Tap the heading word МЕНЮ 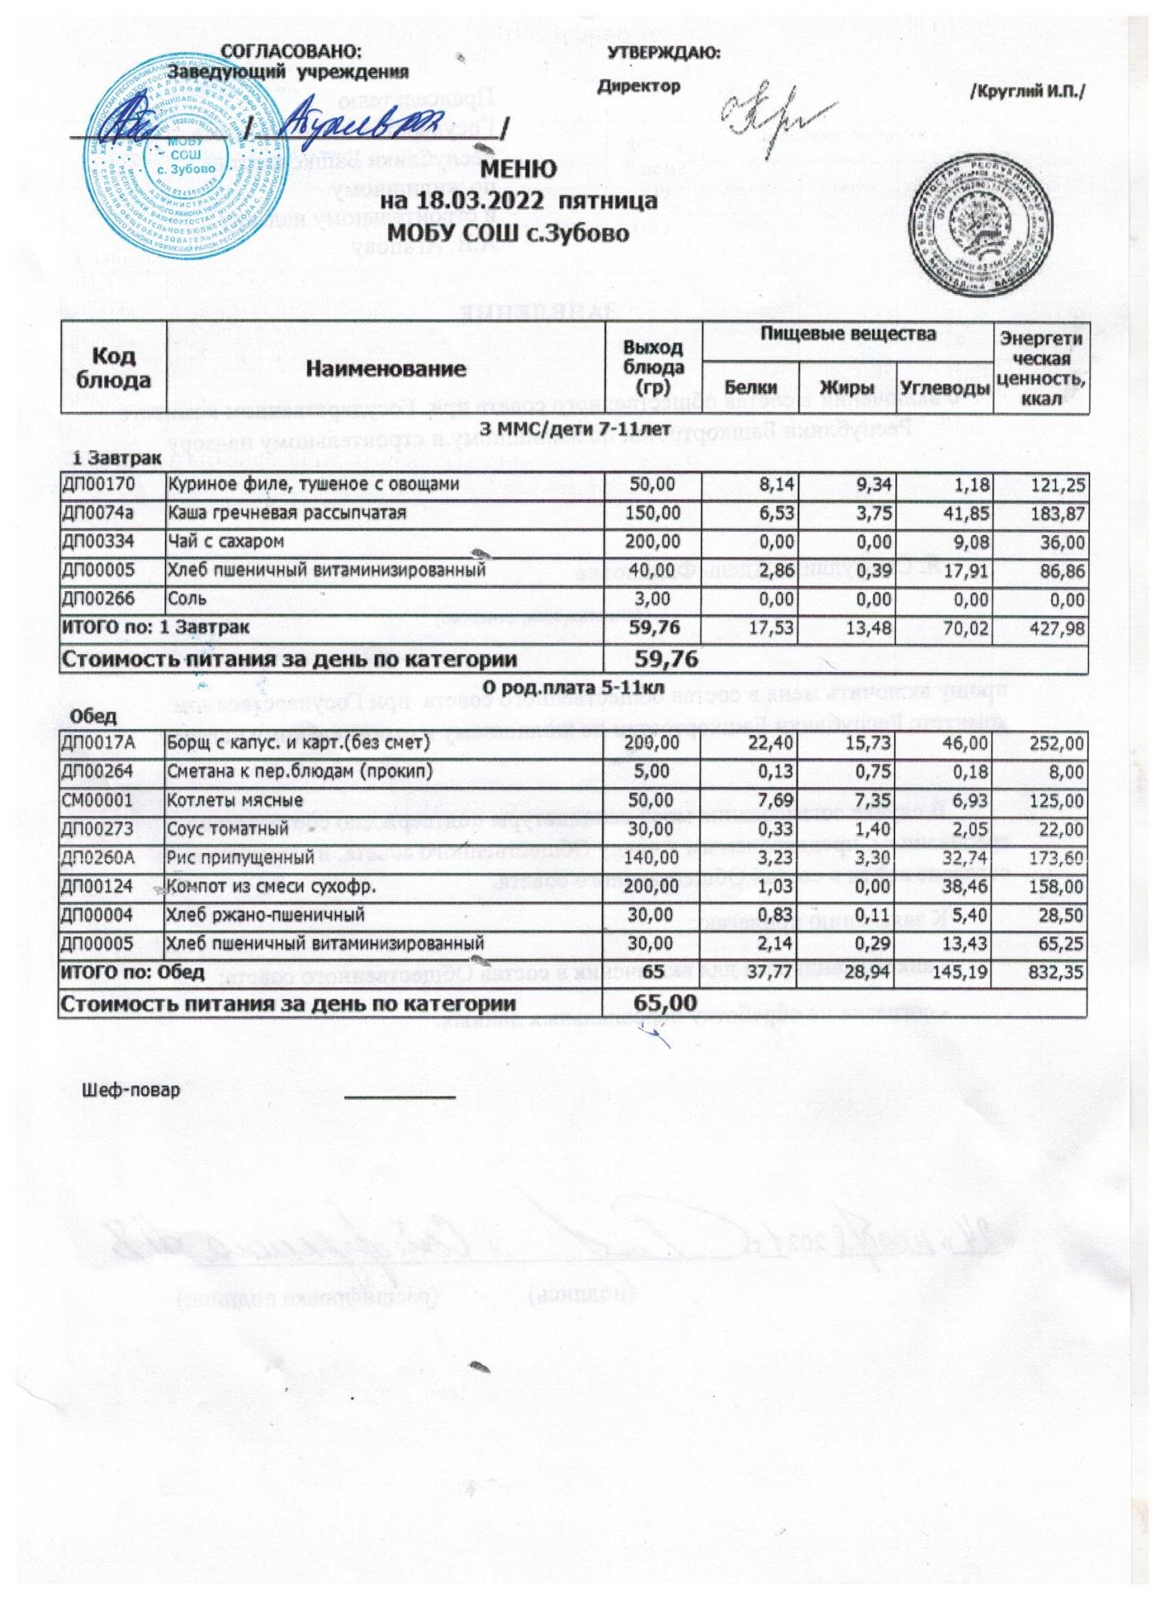click(518, 169)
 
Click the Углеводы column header click(944, 388)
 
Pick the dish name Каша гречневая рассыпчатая click(286, 513)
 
